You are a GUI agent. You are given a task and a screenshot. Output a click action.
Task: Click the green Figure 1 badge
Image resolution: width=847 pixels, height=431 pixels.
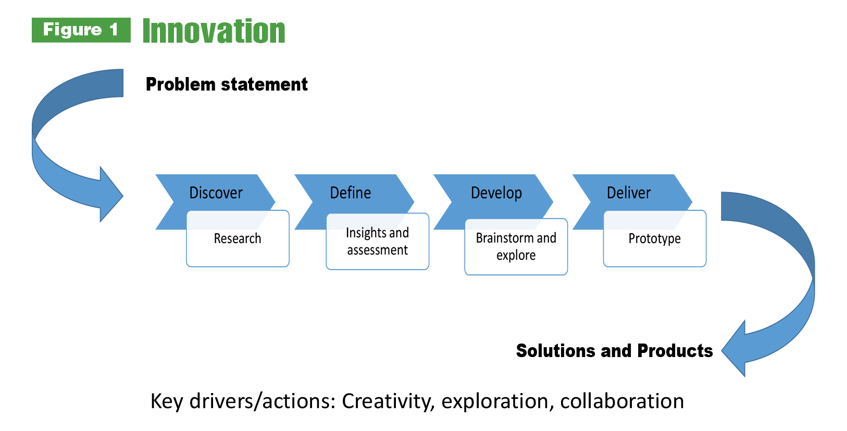[81, 30]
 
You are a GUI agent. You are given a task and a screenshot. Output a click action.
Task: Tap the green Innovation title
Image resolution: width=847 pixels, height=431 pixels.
[214, 31]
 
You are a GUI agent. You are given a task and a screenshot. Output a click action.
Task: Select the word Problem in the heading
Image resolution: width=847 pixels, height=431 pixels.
[180, 84]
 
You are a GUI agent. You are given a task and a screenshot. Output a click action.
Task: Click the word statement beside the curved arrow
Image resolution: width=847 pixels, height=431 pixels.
[264, 84]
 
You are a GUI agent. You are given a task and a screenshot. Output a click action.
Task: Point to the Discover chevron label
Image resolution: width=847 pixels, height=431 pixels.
[216, 193]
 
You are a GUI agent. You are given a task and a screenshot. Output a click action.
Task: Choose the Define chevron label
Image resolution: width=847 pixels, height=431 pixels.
[351, 193]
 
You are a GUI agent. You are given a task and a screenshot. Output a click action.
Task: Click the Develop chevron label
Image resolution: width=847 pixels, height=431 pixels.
[496, 193]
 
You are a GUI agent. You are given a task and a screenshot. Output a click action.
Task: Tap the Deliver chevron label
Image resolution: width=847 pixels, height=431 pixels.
[628, 193]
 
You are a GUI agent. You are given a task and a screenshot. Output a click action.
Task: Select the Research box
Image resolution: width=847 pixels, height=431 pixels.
[238, 238]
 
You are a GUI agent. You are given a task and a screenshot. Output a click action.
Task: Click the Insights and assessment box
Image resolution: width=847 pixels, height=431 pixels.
[377, 242]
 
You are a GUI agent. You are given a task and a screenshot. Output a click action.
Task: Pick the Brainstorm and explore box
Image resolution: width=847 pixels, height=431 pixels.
[516, 247]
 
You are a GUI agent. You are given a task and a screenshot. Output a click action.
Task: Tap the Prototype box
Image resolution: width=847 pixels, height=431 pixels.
[655, 238]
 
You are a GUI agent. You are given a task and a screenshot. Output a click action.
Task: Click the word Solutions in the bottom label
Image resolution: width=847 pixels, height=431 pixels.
[555, 350]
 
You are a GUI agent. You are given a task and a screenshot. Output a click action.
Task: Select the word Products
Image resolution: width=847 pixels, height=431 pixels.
[675, 350]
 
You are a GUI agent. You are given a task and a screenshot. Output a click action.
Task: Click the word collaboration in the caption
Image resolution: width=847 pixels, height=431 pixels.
[622, 401]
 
